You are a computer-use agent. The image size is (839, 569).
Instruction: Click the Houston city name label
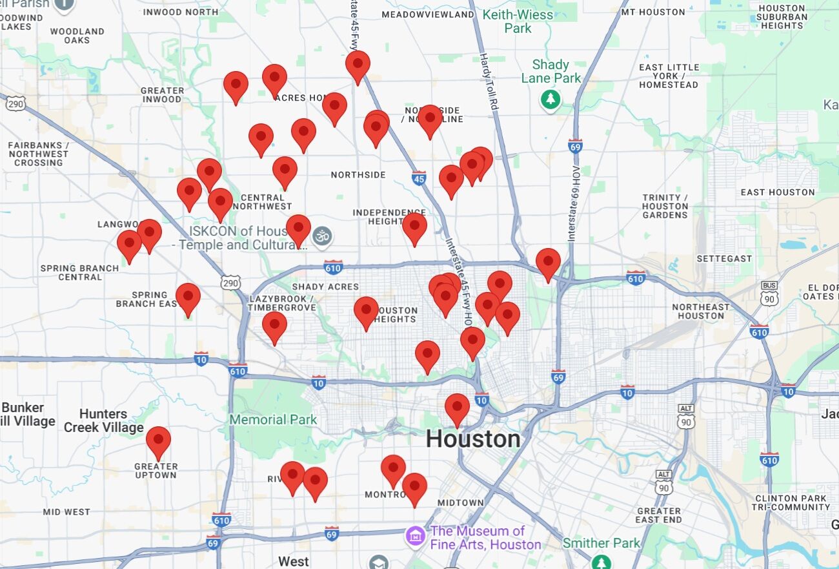click(473, 439)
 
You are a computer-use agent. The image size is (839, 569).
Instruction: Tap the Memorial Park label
click(273, 420)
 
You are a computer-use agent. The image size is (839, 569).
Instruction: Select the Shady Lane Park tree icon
click(550, 100)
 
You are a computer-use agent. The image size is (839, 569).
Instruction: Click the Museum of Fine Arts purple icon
click(416, 535)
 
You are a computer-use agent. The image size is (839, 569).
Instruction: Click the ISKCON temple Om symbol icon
click(323, 236)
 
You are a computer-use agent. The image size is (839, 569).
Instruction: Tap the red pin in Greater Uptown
click(158, 441)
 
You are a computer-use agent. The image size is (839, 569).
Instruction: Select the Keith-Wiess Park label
click(518, 21)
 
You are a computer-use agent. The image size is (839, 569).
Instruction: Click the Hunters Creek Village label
click(103, 420)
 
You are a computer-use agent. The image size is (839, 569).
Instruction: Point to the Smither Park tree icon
click(601, 561)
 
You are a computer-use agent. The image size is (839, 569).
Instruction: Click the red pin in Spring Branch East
click(188, 297)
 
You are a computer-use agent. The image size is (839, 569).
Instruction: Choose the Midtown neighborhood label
click(460, 502)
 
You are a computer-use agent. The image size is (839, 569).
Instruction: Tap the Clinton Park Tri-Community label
click(790, 502)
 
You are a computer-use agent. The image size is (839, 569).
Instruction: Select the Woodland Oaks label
click(77, 36)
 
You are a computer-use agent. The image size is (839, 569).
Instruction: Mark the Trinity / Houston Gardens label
click(665, 207)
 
